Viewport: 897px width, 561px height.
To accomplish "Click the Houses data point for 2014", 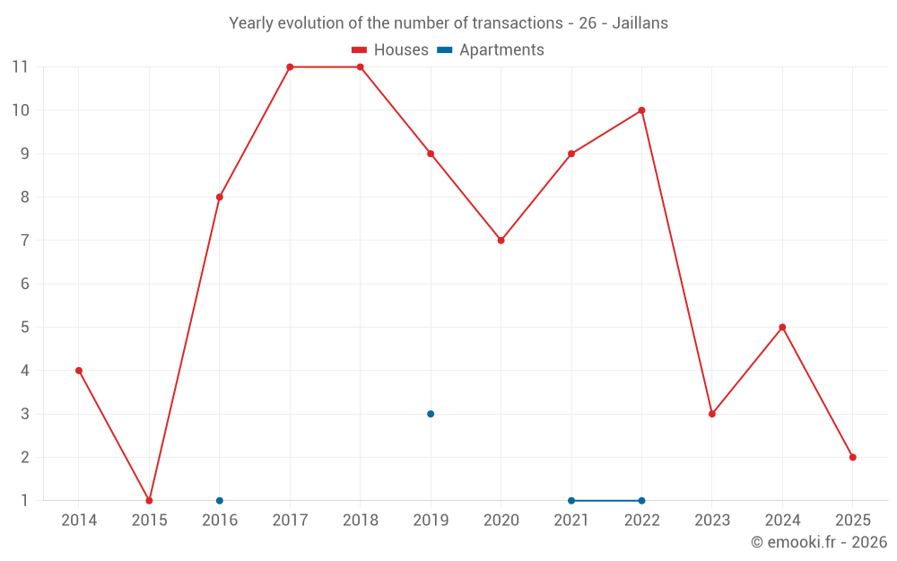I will click(79, 371).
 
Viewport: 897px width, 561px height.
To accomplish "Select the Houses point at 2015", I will click(149, 501).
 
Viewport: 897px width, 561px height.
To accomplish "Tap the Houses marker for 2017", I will click(290, 67).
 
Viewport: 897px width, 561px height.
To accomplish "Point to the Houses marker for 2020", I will click(501, 241).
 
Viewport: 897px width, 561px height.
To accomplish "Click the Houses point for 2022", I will click(641, 110).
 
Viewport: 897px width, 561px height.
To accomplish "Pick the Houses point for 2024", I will click(782, 328).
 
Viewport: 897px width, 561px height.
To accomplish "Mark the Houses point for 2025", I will click(852, 458).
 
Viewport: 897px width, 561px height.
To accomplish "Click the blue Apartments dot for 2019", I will click(431, 414).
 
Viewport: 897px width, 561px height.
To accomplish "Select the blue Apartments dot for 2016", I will click(220, 501).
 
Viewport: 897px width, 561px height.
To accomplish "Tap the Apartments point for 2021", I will click(571, 501).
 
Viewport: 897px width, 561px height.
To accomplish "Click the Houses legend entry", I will click(390, 50).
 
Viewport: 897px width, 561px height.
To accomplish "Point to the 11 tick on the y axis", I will click(20, 66).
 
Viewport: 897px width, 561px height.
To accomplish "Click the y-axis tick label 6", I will click(24, 284).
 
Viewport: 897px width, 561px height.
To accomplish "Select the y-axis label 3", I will click(24, 414).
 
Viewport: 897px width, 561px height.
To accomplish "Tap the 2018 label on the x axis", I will click(360, 521).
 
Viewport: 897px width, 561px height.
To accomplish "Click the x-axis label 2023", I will click(711, 521).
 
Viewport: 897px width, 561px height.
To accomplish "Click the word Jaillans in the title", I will click(640, 23).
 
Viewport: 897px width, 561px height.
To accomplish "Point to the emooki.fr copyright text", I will click(818, 542).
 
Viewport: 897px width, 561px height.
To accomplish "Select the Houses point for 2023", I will click(712, 414).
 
